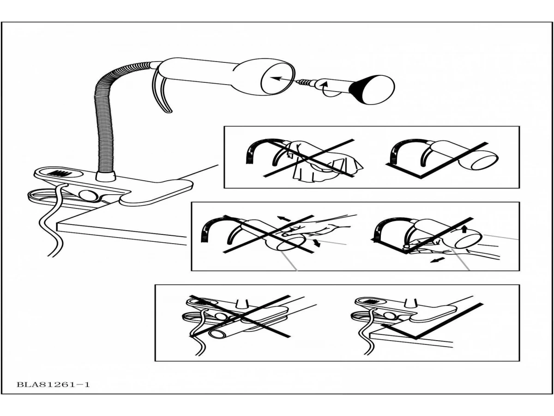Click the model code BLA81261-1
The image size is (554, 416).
[53, 384]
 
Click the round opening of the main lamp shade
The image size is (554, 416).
[277, 79]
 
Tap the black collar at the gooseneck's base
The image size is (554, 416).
[105, 176]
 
